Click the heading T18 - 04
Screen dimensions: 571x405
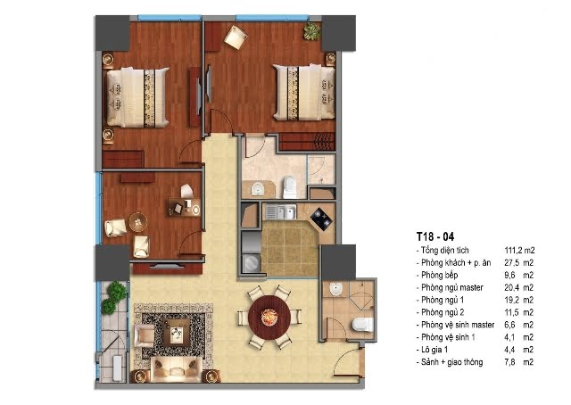pyautogui.click(x=435, y=236)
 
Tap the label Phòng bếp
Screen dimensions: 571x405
pyautogui.click(x=439, y=275)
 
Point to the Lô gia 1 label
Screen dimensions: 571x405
pyautogui.click(x=434, y=350)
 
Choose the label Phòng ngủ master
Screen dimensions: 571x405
pyautogui.click(x=452, y=287)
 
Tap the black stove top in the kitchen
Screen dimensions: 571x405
pyautogui.click(x=321, y=219)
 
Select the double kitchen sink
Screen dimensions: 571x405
pyautogui.click(x=280, y=211)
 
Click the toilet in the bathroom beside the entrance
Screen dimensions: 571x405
pyautogui.click(x=363, y=325)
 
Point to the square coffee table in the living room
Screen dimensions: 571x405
pyautogui.click(x=177, y=333)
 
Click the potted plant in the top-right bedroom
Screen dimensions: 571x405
pyautogui.click(x=312, y=31)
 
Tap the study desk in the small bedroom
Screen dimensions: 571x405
pyautogui.click(x=185, y=207)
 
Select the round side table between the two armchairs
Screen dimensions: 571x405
pyautogui.click(x=138, y=222)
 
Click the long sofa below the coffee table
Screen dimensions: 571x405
pyautogui.click(x=176, y=369)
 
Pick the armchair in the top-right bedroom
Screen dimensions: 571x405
pyautogui.click(x=236, y=37)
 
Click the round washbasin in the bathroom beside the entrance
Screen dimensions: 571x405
pyautogui.click(x=335, y=289)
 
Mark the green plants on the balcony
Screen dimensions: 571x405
pyautogui.click(x=114, y=297)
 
